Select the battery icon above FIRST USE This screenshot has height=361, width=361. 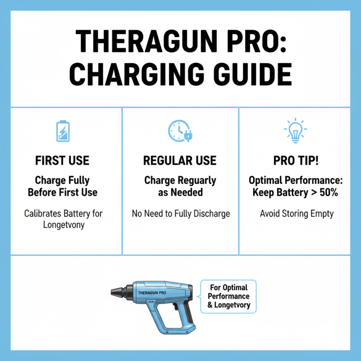pyautogui.click(x=62, y=131)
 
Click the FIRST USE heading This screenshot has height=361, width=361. pyautogui.click(x=62, y=161)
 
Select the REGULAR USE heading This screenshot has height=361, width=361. pyautogui.click(x=180, y=161)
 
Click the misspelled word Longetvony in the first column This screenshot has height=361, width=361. pyautogui.click(x=62, y=224)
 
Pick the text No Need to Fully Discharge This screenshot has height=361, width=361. pyautogui.click(x=180, y=213)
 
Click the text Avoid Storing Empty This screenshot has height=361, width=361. pyautogui.click(x=296, y=213)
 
